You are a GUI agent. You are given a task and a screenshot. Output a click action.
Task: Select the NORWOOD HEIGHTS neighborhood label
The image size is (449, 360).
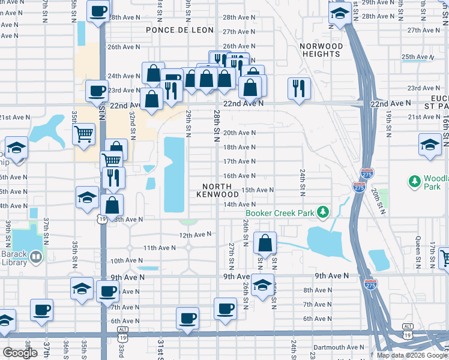(321, 50)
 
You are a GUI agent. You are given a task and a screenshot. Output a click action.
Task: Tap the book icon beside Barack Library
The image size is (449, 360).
(37, 257)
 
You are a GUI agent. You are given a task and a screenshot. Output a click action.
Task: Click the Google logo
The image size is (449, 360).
(20, 353)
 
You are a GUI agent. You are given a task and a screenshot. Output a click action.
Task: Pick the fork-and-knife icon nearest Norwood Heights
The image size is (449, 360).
(298, 88)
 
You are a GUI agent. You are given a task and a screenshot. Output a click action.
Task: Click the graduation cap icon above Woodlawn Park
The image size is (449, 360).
(430, 145)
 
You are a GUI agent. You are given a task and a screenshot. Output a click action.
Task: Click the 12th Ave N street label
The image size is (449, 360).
(195, 235)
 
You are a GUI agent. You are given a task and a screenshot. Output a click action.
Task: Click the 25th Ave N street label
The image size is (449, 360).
(417, 57)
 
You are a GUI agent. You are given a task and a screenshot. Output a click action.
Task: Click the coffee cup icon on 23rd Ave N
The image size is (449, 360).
(97, 91)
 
